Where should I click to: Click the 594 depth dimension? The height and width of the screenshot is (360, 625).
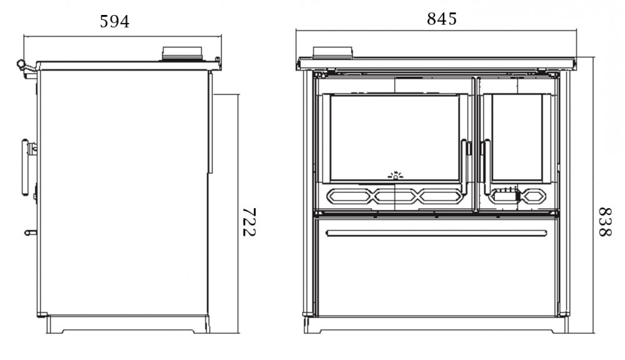(115, 22)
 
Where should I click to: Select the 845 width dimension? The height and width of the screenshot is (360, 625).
(442, 19)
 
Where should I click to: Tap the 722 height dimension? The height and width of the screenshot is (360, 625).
(249, 222)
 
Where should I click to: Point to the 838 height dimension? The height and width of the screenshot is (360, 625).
(604, 222)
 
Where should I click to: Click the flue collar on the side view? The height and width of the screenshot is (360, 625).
(182, 54)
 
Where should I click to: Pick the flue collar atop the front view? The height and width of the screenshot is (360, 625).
(333, 52)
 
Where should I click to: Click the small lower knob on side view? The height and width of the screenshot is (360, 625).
(30, 232)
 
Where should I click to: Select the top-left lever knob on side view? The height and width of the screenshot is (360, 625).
(21, 64)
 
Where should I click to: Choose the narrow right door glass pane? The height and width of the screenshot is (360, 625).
(516, 137)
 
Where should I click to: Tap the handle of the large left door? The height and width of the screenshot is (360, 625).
(466, 166)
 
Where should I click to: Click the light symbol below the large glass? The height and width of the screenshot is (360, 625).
(395, 177)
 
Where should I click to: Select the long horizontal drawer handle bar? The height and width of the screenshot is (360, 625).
(436, 233)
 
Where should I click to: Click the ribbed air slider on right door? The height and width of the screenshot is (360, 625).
(507, 194)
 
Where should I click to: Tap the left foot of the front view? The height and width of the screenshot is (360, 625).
(311, 326)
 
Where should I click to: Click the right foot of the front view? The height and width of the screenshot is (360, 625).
(561, 326)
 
